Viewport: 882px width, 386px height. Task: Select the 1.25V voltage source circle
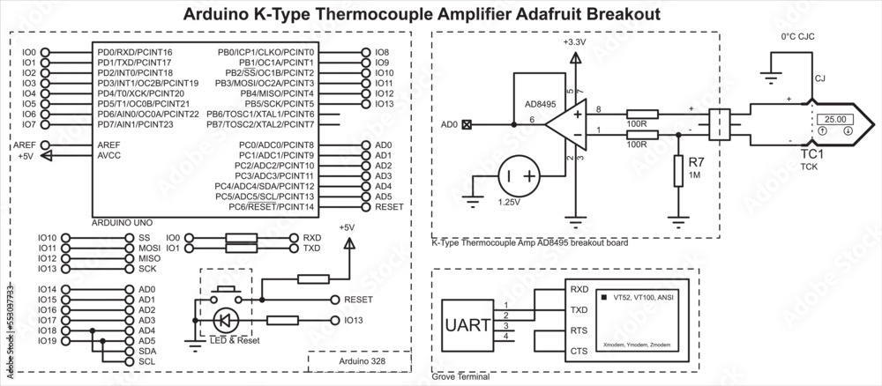point(519,176)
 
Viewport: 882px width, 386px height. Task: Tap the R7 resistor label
point(696,162)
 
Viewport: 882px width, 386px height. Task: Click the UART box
point(465,324)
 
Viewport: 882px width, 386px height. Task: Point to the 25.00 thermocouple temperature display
point(834,118)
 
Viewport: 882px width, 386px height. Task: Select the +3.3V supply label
point(575,41)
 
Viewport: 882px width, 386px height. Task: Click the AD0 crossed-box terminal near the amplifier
point(467,125)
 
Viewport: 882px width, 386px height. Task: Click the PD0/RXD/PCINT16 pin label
point(135,53)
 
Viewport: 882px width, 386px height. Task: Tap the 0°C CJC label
point(796,37)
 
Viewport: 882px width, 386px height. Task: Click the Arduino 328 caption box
point(359,361)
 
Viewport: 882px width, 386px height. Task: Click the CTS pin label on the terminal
point(579,352)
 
